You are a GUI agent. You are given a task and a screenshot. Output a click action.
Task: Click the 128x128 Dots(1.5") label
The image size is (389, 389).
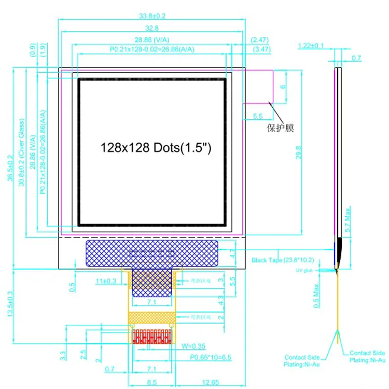tap(156, 148)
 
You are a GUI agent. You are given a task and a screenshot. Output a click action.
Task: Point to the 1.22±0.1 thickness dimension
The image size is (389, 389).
tap(311, 46)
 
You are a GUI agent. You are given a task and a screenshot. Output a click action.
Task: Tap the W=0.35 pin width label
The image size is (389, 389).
tap(193, 346)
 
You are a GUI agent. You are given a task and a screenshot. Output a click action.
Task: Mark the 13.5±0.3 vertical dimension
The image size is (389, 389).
tap(9, 306)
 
